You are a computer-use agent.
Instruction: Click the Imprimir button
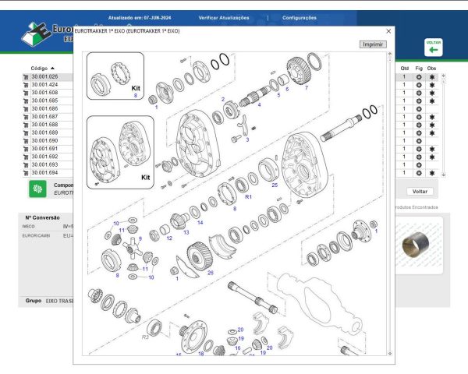click(373, 44)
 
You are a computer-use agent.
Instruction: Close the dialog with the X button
click(388, 30)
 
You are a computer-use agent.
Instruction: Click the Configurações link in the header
click(300, 17)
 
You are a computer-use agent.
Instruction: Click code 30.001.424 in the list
click(44, 85)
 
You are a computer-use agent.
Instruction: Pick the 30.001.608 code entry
click(44, 93)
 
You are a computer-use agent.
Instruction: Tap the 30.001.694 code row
click(44, 173)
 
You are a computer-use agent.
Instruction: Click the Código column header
click(39, 68)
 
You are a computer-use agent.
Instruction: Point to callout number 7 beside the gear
click(307, 87)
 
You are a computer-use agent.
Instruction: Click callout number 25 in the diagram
click(275, 185)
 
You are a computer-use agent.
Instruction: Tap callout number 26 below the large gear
click(210, 273)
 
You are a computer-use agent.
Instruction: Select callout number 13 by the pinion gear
click(186, 232)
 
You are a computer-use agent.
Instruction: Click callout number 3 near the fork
click(246, 140)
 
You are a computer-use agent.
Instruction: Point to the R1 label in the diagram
click(249, 198)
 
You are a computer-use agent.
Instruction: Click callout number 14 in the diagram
click(200, 223)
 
